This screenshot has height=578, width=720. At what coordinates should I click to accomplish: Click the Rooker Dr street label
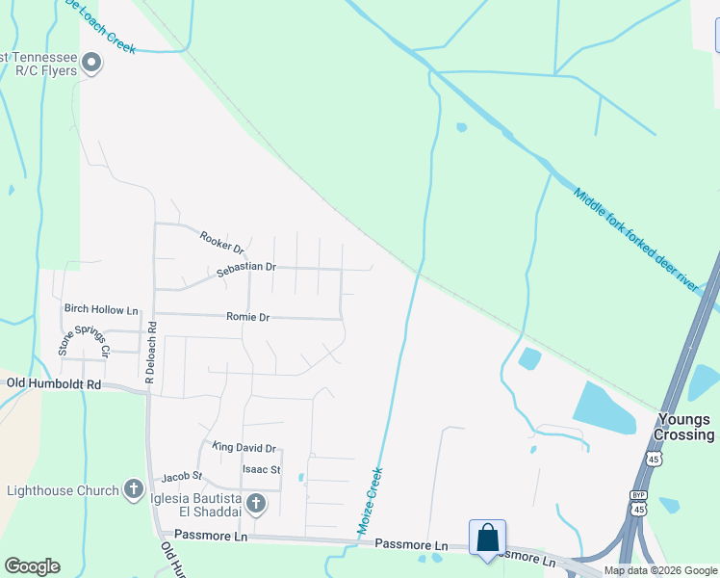pos(221,237)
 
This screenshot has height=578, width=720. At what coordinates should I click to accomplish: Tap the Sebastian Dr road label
pos(246,268)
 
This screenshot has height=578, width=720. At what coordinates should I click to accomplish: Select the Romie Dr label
pos(247,316)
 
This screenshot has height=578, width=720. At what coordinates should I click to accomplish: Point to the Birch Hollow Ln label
pos(101,309)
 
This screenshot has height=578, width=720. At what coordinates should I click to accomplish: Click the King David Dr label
pos(244,448)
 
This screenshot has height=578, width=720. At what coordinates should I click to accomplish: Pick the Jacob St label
pos(182,476)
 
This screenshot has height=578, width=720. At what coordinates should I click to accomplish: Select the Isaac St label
pos(261,470)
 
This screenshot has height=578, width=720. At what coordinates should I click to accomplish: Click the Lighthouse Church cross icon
pos(134,490)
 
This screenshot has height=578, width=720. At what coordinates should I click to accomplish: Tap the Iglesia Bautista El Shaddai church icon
pos(255,502)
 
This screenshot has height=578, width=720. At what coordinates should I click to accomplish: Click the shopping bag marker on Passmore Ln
pos(488,538)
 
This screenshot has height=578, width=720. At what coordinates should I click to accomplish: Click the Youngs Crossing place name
pos(684,427)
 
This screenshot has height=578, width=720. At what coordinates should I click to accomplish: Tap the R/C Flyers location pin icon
pos(92,64)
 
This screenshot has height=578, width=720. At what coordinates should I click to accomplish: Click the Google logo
pos(32,566)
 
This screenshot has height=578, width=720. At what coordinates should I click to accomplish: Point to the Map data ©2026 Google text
pos(661,570)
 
